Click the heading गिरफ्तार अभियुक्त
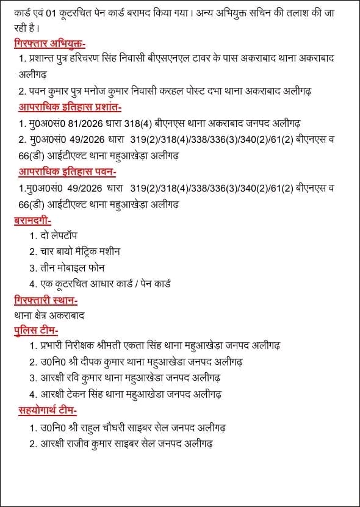[x=50, y=43]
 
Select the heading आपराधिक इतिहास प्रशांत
[x=70, y=107]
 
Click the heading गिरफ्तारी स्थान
[x=45, y=300]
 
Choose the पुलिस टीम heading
[x=35, y=331]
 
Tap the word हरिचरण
[x=104, y=59]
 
